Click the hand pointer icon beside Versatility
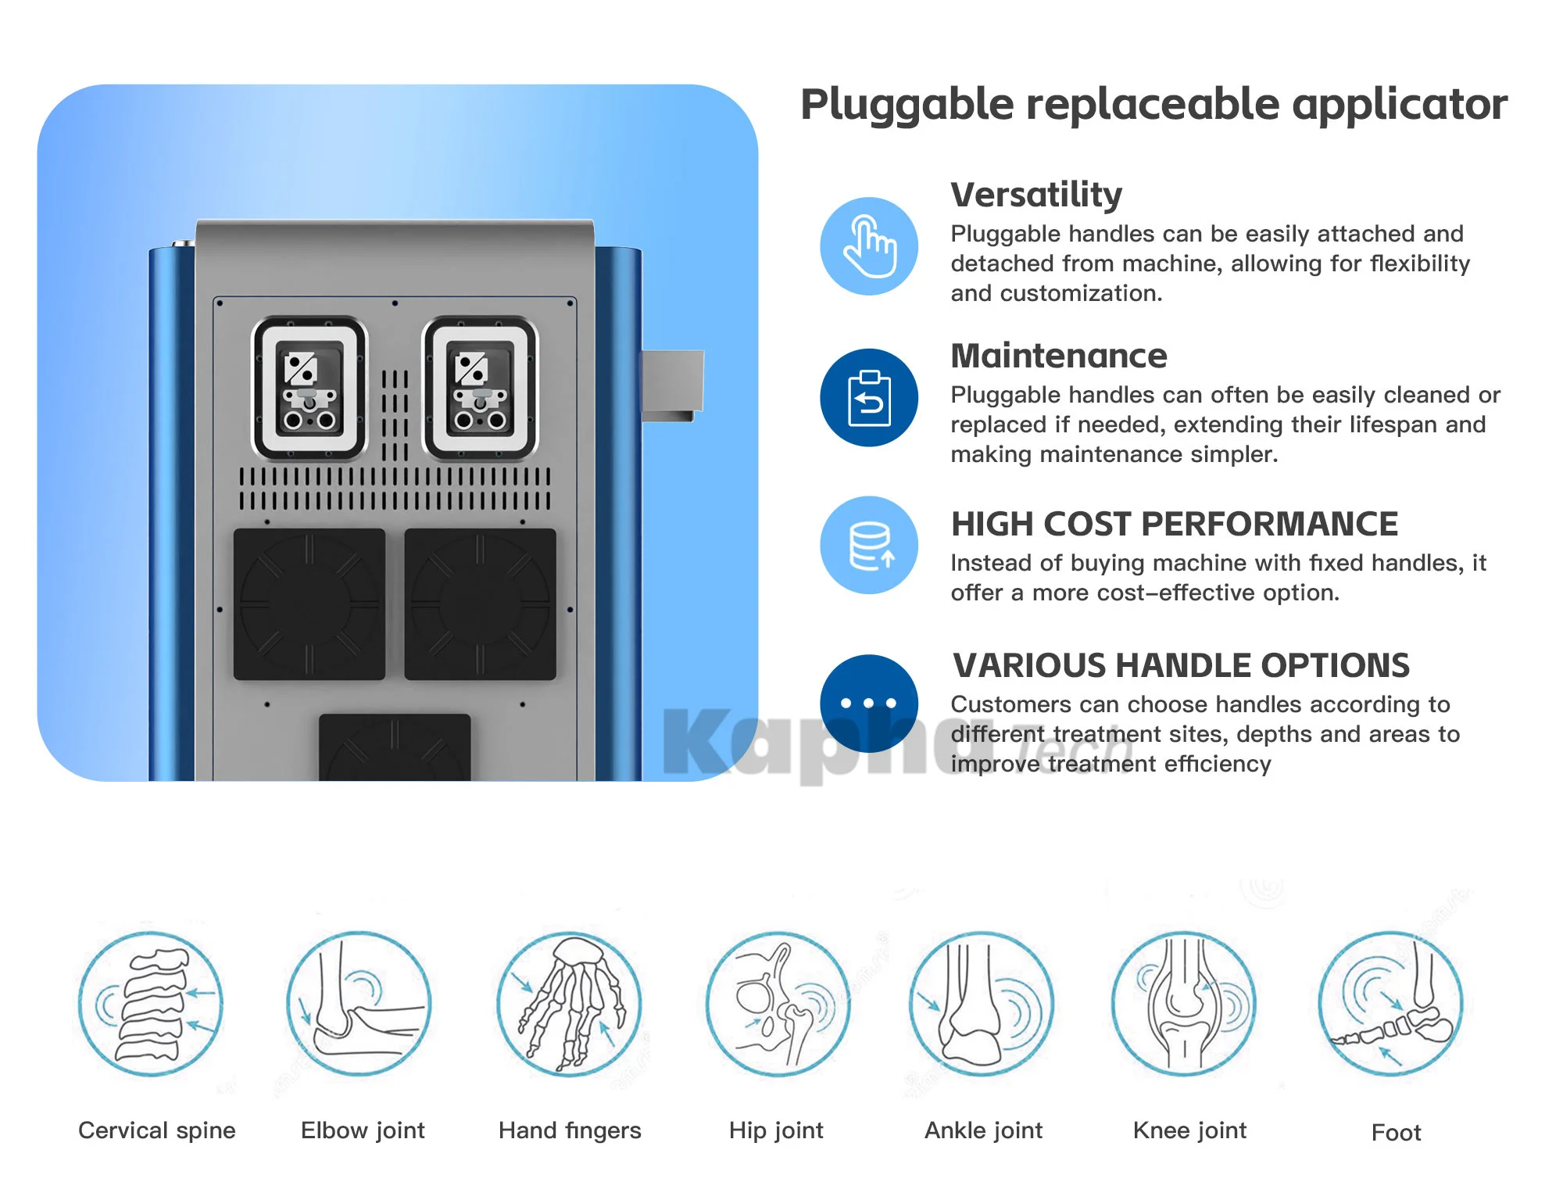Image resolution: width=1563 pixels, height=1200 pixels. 869,246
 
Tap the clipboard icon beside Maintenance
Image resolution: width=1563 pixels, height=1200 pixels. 869,398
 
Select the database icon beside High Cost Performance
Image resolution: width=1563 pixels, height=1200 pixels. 869,545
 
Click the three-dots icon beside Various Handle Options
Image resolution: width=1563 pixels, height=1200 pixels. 869,703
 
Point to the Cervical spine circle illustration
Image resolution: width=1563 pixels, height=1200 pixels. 151,1004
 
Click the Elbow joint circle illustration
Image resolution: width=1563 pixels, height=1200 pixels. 359,1004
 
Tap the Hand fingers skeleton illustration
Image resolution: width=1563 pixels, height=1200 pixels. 570,1004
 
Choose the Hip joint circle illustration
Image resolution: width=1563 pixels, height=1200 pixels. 778,1004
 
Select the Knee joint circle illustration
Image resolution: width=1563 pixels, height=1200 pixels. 1184,1004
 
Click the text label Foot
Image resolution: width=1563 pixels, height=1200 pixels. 1396,1133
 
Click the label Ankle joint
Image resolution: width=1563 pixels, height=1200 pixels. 983,1130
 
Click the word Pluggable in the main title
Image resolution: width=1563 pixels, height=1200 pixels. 907,106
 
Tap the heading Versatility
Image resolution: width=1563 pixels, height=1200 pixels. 1036,195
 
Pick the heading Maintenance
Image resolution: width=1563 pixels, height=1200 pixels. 1059,356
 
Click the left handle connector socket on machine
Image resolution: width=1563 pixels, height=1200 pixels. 309,389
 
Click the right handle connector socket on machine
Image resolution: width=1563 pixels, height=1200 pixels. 480,389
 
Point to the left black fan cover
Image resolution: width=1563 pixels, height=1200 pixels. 309,604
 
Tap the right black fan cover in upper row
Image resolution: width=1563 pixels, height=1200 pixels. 480,604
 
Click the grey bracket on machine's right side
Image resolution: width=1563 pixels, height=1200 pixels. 671,384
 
